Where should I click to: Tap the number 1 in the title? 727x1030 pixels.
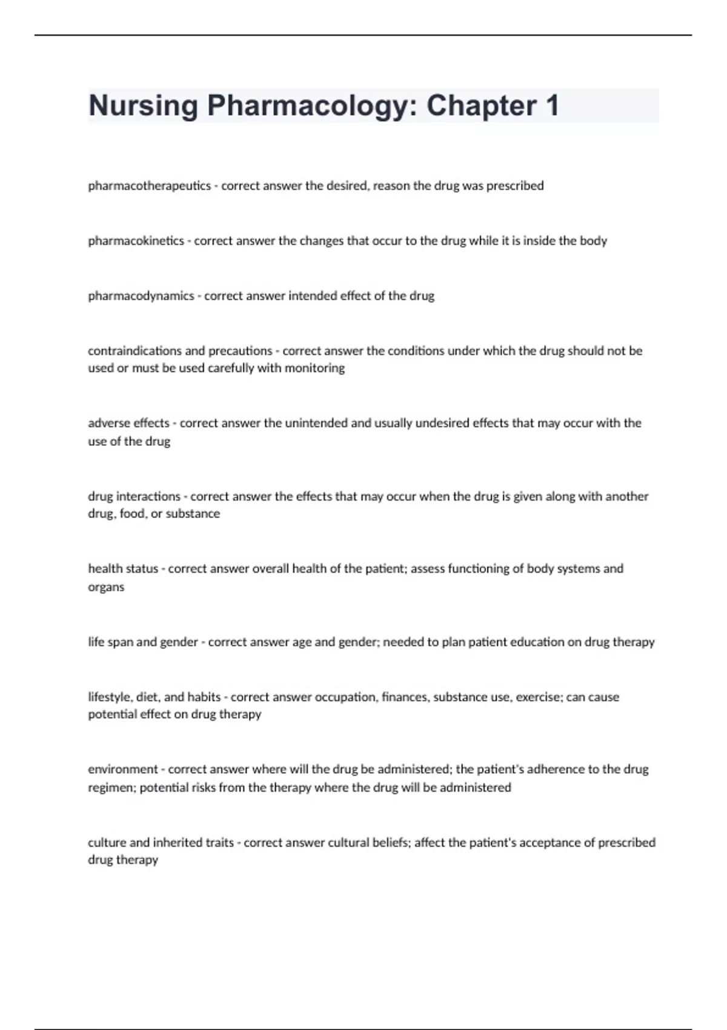[551, 106]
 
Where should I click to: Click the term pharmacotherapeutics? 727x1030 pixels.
[149, 186]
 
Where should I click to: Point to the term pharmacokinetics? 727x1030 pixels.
[136, 241]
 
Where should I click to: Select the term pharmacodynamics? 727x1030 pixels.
[141, 296]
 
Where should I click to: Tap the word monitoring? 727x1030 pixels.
[314, 368]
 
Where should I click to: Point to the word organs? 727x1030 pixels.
[106, 587]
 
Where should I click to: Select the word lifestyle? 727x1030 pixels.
[109, 697]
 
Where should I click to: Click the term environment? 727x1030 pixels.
[122, 769]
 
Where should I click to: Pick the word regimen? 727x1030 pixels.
[110, 788]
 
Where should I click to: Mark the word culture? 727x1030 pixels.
[107, 843]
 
